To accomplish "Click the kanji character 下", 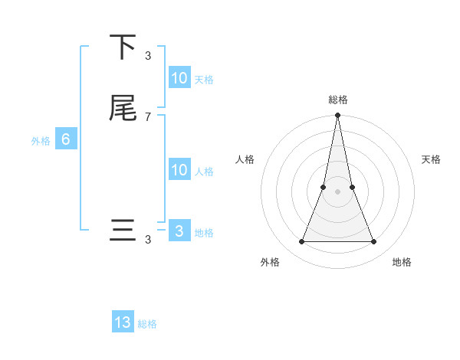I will click(123, 47).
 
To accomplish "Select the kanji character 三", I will click(123, 231).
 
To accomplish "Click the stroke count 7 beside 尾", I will click(148, 116).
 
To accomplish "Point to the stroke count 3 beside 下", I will click(148, 55).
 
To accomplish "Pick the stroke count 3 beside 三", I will click(148, 240).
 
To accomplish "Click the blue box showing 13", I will click(123, 322).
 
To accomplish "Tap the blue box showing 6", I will click(66, 139).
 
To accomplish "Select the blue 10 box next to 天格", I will click(179, 78).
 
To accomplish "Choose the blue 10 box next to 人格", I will click(179, 170).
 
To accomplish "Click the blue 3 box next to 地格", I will click(179, 231).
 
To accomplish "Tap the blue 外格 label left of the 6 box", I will click(41, 141).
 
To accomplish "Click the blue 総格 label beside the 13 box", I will click(147, 324).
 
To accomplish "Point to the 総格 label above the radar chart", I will click(337, 100).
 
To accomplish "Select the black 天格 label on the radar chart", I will click(432, 159).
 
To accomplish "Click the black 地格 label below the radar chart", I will click(402, 262).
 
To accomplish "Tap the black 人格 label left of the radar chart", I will click(245, 159).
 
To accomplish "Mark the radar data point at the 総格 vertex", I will click(337, 116).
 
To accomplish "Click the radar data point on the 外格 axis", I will click(301, 242).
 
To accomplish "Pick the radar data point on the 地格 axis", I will click(374, 242).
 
